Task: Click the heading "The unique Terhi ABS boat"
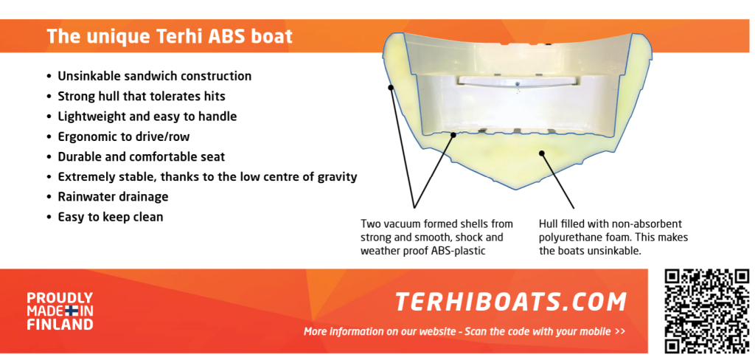tap(170, 37)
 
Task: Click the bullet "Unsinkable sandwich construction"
tap(155, 76)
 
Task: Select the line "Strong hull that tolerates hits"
tap(142, 97)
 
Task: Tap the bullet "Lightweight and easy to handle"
tap(147, 117)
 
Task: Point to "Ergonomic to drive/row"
tap(124, 137)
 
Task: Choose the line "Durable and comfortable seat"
tap(142, 157)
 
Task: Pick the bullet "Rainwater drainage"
tap(113, 197)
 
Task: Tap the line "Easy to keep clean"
tap(111, 218)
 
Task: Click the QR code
tap(707, 311)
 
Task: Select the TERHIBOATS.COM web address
tap(511, 302)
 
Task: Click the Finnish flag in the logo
tap(72, 311)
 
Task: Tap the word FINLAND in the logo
tap(60, 325)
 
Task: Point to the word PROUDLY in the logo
tap(60, 298)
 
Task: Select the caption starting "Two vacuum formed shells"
tap(436, 238)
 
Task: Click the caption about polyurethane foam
tap(613, 238)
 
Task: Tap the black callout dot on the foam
tap(542, 153)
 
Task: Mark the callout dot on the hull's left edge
tap(391, 87)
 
